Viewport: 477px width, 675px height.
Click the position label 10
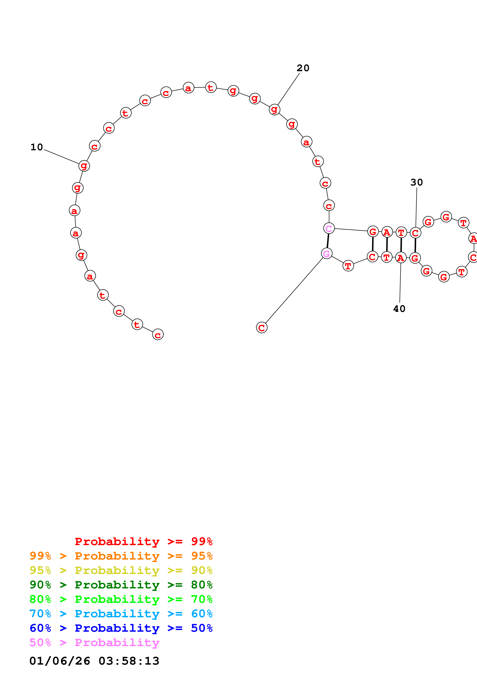(37, 147)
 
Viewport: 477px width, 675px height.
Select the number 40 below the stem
(399, 309)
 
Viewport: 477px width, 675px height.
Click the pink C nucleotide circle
(329, 228)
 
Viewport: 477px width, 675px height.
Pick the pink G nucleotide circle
(327, 253)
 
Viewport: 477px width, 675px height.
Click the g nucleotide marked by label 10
(84, 166)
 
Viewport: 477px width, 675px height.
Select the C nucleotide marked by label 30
(415, 233)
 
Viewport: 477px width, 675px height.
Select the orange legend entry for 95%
(121, 556)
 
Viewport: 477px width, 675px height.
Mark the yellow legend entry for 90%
(121, 570)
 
